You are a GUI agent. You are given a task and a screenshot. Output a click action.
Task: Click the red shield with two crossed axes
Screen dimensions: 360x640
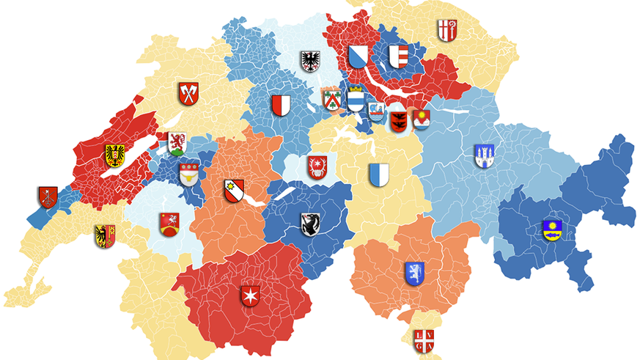pyautogui.click(x=189, y=94)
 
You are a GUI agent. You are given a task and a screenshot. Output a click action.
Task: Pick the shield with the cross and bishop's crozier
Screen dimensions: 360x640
pyautogui.click(x=446, y=30)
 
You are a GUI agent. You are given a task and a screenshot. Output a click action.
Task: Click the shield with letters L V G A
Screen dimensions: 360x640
pyautogui.click(x=423, y=340)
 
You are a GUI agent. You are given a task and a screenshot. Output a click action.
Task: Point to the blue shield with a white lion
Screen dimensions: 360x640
pyautogui.click(x=414, y=273)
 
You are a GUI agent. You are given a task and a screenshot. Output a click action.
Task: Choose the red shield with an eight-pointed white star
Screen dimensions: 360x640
pyautogui.click(x=251, y=296)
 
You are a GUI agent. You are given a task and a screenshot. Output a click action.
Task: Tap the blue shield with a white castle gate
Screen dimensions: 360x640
pyautogui.click(x=484, y=155)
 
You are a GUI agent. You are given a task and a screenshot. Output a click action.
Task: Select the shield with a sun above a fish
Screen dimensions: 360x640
pyautogui.click(x=552, y=230)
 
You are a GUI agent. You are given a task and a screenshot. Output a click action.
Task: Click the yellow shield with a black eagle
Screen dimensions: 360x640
pyautogui.click(x=114, y=155)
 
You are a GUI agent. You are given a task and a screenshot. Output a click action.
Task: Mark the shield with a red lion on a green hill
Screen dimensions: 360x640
pyautogui.click(x=177, y=143)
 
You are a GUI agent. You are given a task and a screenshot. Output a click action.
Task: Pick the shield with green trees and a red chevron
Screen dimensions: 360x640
pyautogui.click(x=331, y=100)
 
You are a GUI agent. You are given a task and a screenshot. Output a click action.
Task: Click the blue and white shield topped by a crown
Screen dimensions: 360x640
pyautogui.click(x=356, y=98)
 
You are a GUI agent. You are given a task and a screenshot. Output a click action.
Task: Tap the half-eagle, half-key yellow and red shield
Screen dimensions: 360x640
pyautogui.click(x=105, y=235)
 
